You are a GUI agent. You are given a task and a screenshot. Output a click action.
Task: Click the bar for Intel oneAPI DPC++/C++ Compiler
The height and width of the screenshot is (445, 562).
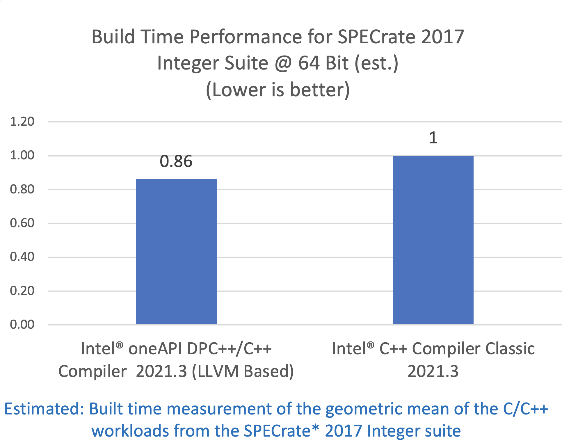click(176, 252)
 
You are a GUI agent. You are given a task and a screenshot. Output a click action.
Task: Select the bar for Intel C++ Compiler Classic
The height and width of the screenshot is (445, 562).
click(433, 240)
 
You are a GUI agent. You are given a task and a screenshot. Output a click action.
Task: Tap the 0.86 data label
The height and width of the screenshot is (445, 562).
click(176, 161)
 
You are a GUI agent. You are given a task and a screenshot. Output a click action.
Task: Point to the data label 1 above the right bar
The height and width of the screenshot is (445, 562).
click(433, 138)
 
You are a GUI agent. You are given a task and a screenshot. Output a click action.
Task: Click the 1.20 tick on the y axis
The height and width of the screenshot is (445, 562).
click(22, 122)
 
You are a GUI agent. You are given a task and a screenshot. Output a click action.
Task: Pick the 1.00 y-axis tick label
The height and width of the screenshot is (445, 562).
click(22, 155)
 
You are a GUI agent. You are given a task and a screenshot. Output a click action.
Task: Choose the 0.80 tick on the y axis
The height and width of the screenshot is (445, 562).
click(22, 189)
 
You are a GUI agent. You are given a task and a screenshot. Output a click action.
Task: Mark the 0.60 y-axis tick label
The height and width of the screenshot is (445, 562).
click(22, 223)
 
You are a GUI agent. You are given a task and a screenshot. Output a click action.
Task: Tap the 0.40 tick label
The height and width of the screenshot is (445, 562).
click(22, 257)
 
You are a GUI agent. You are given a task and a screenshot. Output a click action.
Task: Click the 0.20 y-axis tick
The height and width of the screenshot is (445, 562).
click(22, 291)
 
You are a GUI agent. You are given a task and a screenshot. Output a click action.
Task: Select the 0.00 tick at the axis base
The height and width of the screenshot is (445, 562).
click(22, 325)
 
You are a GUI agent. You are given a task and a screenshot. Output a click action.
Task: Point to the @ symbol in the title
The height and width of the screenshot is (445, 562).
click(283, 63)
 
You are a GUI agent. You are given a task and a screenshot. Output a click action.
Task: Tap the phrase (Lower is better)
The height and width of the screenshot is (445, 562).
click(278, 90)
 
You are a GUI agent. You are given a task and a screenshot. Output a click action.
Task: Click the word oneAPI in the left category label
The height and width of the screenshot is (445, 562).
click(155, 348)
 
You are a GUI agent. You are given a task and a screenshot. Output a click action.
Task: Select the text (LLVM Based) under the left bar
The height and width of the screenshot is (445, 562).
click(243, 371)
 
